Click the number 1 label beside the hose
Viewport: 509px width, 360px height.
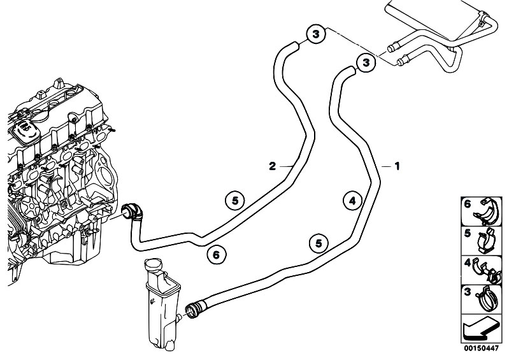click(397, 166)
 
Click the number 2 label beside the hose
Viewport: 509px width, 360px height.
click(273, 166)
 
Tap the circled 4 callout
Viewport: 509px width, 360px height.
click(352, 201)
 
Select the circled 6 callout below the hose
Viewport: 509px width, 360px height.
click(217, 255)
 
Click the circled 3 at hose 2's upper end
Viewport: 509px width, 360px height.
click(315, 34)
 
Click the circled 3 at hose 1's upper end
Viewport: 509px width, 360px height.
click(366, 62)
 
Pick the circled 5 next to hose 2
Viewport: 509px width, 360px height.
click(235, 201)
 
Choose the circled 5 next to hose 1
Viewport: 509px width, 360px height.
click(319, 243)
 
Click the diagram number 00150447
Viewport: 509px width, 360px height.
click(481, 349)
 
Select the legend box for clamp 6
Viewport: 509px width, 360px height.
click(481, 212)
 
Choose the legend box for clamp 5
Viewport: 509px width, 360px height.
click(481, 241)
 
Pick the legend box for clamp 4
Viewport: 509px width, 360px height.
click(481, 270)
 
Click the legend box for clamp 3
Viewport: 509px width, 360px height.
click(481, 299)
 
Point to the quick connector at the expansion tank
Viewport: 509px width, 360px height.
click(194, 308)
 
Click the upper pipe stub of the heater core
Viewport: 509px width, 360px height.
click(393, 47)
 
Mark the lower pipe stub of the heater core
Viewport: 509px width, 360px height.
click(403, 60)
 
